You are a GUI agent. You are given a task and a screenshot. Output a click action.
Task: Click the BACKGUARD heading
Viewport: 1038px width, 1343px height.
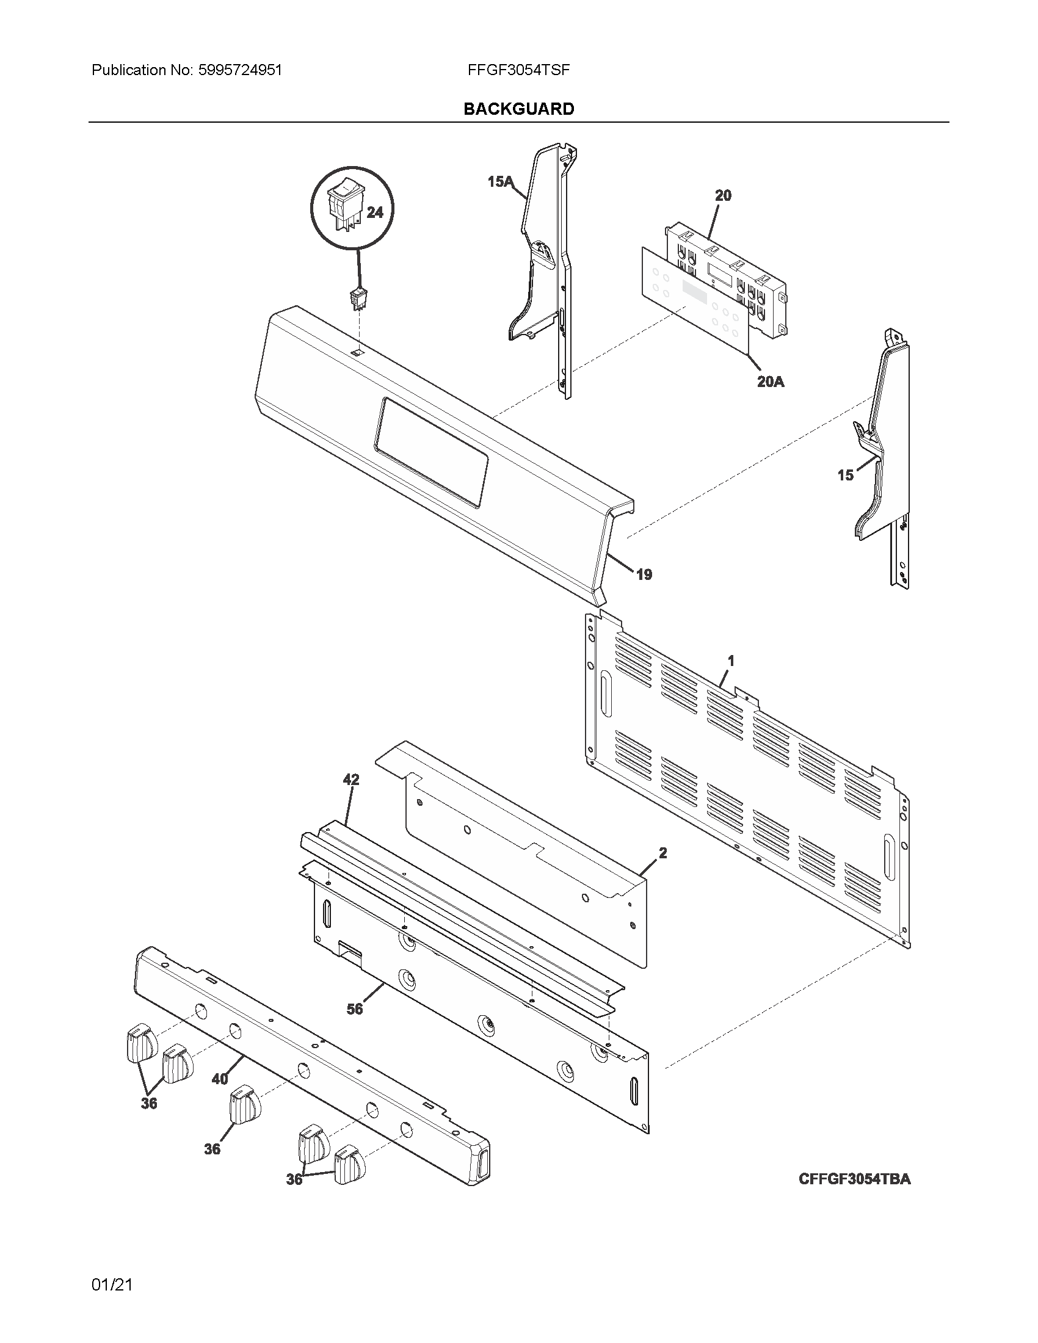518,109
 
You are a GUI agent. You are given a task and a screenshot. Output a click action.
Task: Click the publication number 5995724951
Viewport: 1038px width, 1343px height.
239,70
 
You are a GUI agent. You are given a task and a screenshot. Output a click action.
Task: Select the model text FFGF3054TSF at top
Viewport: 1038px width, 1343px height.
518,70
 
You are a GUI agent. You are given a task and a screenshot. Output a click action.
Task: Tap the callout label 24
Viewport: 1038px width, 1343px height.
374,212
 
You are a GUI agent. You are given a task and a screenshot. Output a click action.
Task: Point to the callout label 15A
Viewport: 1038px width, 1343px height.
499,181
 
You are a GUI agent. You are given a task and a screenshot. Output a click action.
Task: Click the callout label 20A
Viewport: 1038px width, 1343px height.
770,382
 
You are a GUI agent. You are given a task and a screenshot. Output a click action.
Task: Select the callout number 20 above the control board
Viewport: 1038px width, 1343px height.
723,195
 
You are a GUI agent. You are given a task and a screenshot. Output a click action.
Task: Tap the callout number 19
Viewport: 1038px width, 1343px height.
644,574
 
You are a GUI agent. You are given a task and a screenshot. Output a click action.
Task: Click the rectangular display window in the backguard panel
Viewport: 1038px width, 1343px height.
430,451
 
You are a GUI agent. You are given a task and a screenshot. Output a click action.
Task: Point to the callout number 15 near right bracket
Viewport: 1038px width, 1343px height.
845,475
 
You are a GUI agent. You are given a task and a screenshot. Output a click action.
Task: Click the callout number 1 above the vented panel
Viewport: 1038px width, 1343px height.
731,661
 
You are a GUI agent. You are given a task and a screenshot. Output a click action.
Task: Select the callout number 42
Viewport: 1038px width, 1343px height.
351,779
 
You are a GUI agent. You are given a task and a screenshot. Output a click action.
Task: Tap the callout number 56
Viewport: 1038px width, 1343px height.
355,1008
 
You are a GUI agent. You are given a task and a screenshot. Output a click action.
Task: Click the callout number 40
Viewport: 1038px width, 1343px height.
220,1079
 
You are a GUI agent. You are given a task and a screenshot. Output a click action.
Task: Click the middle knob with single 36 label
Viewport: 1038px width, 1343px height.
245,1103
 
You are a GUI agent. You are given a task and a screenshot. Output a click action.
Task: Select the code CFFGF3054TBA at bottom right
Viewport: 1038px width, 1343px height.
854,1179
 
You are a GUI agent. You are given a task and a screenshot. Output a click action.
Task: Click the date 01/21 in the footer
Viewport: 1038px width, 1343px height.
112,1285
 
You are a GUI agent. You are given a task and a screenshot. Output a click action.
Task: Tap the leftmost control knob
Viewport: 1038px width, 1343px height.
141,1043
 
